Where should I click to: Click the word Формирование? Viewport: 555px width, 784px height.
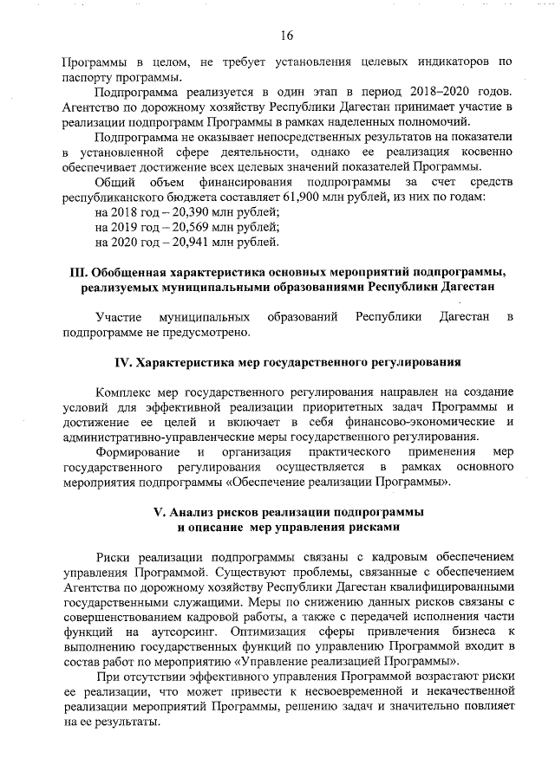tap(140, 451)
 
